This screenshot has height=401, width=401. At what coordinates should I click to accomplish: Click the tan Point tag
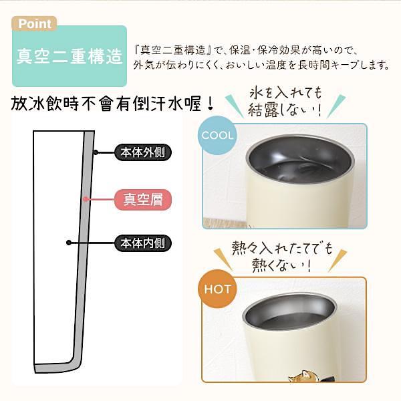point(34,23)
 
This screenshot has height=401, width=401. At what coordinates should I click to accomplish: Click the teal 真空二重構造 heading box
point(70,56)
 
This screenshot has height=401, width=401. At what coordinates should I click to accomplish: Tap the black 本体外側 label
point(143,152)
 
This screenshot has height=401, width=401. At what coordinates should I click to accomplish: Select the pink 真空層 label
point(143,199)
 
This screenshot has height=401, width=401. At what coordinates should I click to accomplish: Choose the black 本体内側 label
point(143,243)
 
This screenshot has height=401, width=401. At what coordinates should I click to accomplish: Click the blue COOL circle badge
point(217,135)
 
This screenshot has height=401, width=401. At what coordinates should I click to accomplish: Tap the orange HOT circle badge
point(217,289)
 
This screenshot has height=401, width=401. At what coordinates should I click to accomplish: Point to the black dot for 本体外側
point(96,152)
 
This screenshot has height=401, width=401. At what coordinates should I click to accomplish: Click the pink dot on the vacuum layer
point(86,199)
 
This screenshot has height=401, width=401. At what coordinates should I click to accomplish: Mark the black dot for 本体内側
point(69,243)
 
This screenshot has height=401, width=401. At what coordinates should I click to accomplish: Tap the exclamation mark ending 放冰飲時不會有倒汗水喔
point(211,104)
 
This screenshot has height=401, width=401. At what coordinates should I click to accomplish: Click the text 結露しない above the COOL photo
point(284,110)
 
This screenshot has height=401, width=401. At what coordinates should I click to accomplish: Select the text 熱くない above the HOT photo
point(281,265)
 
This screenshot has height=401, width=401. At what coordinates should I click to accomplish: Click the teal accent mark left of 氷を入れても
point(234,106)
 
